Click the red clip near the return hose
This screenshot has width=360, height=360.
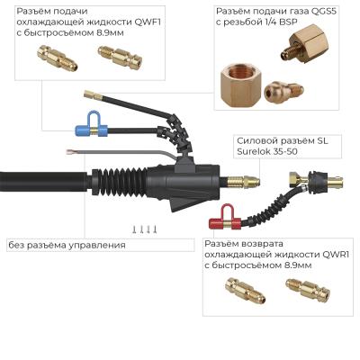(x=220, y=217)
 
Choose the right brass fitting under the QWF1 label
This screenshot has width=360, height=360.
(x=113, y=58)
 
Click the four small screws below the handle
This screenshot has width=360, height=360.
(x=143, y=229)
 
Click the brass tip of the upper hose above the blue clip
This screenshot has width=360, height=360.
(x=87, y=93)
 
